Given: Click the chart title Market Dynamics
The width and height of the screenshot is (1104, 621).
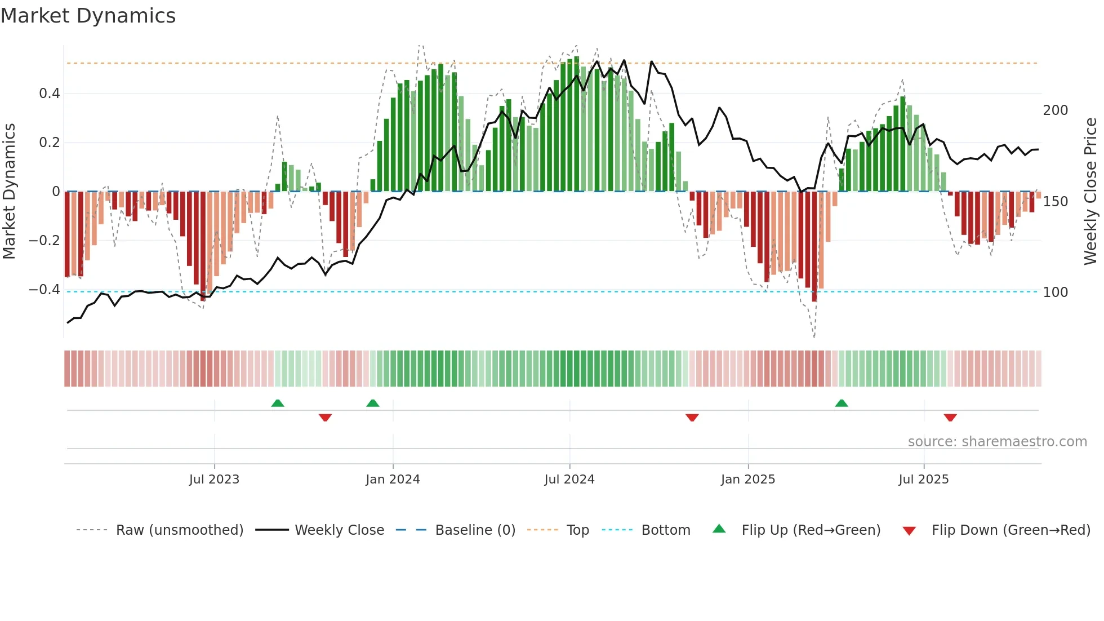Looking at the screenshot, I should click(88, 16).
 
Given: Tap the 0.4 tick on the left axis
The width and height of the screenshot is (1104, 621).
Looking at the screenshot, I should click(49, 94).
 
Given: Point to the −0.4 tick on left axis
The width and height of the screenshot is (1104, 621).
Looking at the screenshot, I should click(44, 290).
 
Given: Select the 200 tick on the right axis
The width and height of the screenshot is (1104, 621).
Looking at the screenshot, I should click(1055, 110).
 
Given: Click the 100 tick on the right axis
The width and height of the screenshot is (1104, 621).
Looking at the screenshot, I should click(1055, 292).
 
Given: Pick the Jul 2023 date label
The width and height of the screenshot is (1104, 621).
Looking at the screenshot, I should click(214, 480).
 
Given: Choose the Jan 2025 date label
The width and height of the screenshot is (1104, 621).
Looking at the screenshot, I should click(747, 480).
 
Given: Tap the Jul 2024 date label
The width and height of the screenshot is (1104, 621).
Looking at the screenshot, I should click(569, 480).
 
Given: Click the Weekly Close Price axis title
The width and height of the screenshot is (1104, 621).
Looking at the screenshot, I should click(1090, 192).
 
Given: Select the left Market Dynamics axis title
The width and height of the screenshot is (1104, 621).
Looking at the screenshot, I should click(9, 192).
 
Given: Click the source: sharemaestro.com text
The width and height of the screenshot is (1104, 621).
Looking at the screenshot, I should click(997, 442).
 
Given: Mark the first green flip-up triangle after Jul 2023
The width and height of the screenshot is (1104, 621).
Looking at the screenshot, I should click(278, 403).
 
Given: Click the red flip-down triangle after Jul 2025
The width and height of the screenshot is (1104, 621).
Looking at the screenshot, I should click(950, 418).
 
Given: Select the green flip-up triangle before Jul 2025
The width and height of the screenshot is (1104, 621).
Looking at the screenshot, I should click(842, 403).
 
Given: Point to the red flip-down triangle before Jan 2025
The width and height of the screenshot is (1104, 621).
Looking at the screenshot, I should click(692, 418).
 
